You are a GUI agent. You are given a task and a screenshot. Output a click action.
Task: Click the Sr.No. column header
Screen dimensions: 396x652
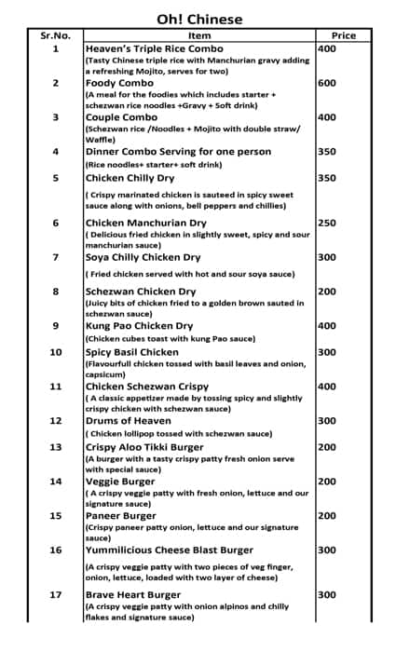[55, 35]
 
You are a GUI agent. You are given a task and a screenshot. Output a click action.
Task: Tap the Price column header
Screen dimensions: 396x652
[343, 35]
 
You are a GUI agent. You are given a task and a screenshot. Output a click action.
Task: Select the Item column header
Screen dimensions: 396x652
[198, 35]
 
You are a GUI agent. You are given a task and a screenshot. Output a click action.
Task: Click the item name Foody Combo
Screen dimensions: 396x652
[120, 83]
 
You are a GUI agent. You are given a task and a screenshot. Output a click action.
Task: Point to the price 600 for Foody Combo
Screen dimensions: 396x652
[327, 83]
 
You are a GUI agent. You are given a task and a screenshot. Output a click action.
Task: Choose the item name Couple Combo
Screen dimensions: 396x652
[123, 117]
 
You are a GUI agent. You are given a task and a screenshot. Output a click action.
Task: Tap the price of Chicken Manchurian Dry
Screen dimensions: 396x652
[327, 224]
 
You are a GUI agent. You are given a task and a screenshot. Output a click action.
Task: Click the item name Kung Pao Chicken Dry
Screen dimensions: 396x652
[139, 326]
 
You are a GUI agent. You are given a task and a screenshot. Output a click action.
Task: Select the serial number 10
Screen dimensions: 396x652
[55, 352]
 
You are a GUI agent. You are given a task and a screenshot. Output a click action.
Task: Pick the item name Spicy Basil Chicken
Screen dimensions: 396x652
[131, 352]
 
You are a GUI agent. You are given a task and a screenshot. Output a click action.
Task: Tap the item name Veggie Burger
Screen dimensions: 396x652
[121, 482]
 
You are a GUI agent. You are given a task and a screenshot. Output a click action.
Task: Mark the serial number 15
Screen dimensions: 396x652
[55, 516]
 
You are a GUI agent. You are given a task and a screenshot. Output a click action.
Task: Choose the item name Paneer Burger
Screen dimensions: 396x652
[121, 516]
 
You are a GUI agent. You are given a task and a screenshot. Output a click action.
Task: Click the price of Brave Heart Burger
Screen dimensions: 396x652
[327, 594]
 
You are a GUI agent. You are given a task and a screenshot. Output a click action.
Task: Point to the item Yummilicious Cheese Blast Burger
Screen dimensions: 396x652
[169, 550]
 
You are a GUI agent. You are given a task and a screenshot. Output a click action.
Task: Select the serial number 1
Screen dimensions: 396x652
[55, 48]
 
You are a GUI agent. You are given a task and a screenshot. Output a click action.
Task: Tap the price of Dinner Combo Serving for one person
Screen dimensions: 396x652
[327, 151]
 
